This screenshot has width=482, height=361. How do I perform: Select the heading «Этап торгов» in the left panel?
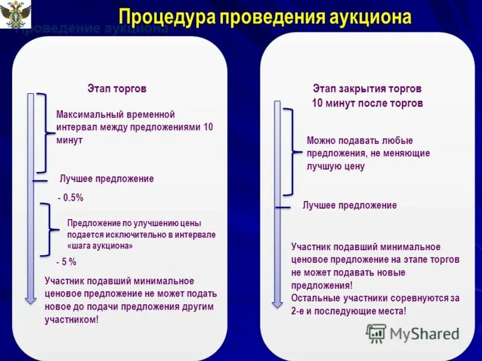coord(117,89)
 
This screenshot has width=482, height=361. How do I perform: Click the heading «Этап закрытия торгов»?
coord(367,88)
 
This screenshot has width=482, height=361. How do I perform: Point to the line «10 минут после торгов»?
coord(367,103)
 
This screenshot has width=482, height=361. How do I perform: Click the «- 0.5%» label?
coord(70,197)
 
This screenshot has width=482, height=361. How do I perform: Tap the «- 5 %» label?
coord(66,262)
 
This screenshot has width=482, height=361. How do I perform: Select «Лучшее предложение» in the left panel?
coord(107,179)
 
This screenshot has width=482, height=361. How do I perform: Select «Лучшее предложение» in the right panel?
coord(349,205)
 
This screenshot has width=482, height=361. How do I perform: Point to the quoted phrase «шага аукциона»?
coord(100,246)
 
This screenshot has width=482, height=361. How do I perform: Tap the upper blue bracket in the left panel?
coord(42,133)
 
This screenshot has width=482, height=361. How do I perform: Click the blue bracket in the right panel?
coord(290,152)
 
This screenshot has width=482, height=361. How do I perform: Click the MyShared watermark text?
coord(424,334)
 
